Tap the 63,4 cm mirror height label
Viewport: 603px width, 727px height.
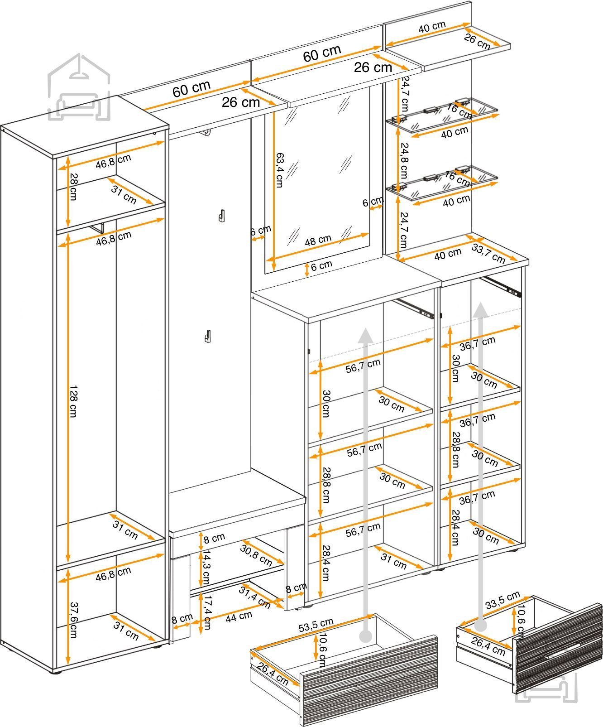[280, 170]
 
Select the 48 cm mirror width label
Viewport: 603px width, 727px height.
[318, 240]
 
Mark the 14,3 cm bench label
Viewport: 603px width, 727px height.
[206, 567]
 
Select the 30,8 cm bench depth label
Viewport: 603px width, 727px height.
[256, 556]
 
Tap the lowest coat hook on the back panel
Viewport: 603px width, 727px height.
[208, 336]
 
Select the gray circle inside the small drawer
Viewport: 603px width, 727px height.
[480, 626]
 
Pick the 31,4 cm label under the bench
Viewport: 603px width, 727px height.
[255, 597]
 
